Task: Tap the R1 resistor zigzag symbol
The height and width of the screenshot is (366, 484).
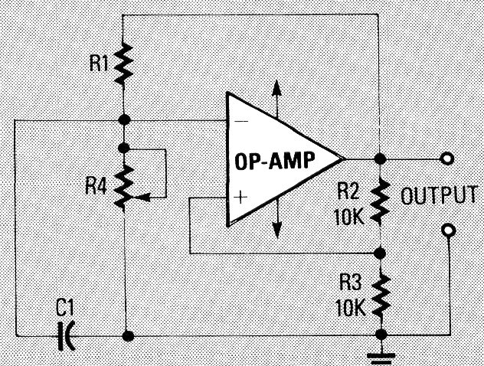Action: click(124, 65)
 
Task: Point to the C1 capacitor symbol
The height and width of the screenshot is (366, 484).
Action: click(69, 335)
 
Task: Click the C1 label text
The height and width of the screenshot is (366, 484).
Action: click(66, 309)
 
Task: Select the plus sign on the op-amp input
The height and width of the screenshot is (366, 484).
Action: click(241, 197)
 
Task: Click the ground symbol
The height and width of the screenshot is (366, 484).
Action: click(379, 353)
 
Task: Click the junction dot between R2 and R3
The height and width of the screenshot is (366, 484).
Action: click(379, 252)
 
